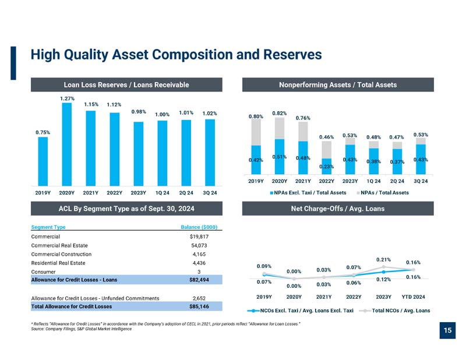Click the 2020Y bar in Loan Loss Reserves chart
[x=66, y=144]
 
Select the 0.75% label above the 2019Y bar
[x=43, y=132]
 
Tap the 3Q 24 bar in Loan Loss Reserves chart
[x=210, y=153]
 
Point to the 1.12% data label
[x=114, y=105]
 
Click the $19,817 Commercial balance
[x=199, y=237]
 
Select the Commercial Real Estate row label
[x=59, y=246]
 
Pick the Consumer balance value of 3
[x=199, y=271]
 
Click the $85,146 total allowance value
[x=199, y=306]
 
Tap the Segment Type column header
[x=48, y=227]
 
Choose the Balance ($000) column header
[x=199, y=227]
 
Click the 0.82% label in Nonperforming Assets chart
[x=280, y=113]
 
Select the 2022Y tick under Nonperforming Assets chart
[x=326, y=181]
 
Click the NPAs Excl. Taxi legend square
[x=271, y=193]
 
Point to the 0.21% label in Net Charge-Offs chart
[x=383, y=260]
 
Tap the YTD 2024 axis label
[x=413, y=297]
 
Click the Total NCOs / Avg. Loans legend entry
[x=395, y=310]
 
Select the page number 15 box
[x=447, y=330]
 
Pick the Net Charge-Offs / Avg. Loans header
[x=338, y=209]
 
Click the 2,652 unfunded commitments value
[x=199, y=298]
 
